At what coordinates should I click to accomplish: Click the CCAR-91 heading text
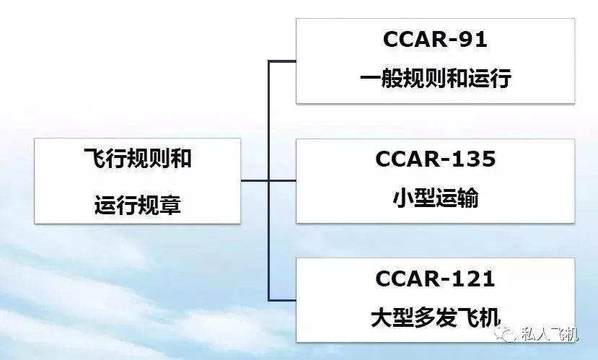click(x=435, y=39)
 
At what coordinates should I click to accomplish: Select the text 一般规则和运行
click(x=436, y=79)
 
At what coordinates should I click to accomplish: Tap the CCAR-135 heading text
click(x=435, y=159)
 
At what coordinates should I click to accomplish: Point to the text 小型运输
click(x=436, y=198)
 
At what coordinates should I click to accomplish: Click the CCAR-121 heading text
click(x=435, y=278)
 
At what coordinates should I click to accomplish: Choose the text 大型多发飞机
click(x=436, y=317)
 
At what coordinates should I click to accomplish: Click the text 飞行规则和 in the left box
click(x=138, y=158)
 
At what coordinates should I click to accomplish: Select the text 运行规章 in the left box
click(x=138, y=205)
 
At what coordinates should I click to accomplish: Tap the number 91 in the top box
click(x=473, y=39)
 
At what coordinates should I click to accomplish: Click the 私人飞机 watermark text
click(x=550, y=334)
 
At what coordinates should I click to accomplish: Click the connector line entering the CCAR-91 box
click(x=282, y=61)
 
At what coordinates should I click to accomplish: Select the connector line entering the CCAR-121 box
click(x=282, y=300)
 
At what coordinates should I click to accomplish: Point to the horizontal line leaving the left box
click(x=255, y=180)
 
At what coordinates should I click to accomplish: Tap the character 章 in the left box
click(x=170, y=205)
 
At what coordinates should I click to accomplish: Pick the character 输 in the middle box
click(x=467, y=198)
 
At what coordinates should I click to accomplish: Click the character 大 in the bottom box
click(x=382, y=317)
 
